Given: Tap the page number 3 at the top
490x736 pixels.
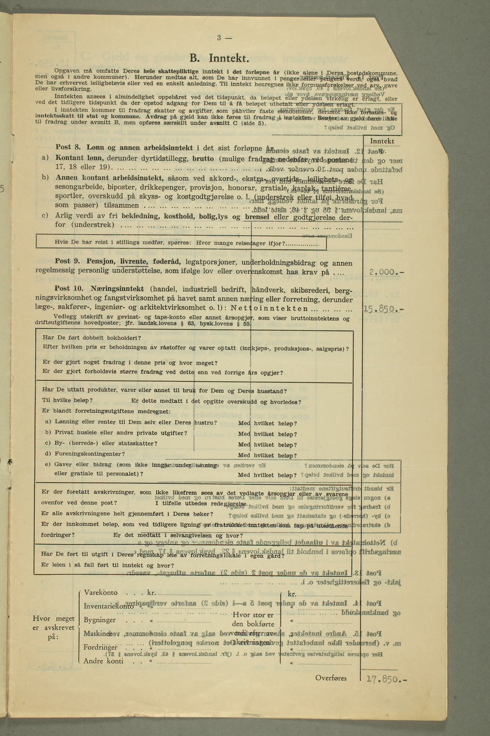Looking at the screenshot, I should (x=219, y=37).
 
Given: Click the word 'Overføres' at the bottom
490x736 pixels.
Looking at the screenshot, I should (x=331, y=678).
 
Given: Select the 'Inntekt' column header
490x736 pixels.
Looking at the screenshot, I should (x=382, y=141).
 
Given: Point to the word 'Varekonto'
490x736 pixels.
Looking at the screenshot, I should (x=101, y=593).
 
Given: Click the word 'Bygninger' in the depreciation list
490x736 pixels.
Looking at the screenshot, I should (x=100, y=620).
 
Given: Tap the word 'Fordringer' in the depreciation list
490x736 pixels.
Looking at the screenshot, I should (x=101, y=647).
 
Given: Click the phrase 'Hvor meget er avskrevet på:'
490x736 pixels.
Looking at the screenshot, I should (x=53, y=628).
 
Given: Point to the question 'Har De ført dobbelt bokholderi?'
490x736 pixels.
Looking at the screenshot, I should (x=91, y=338).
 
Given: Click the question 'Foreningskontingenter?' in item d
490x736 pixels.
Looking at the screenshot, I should (x=89, y=454).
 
